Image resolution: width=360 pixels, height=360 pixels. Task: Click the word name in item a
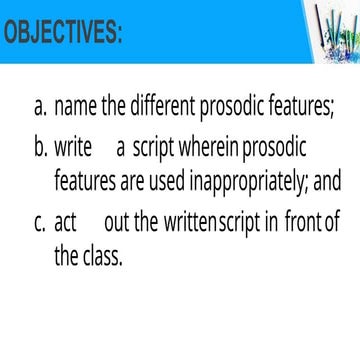pos(75,106)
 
